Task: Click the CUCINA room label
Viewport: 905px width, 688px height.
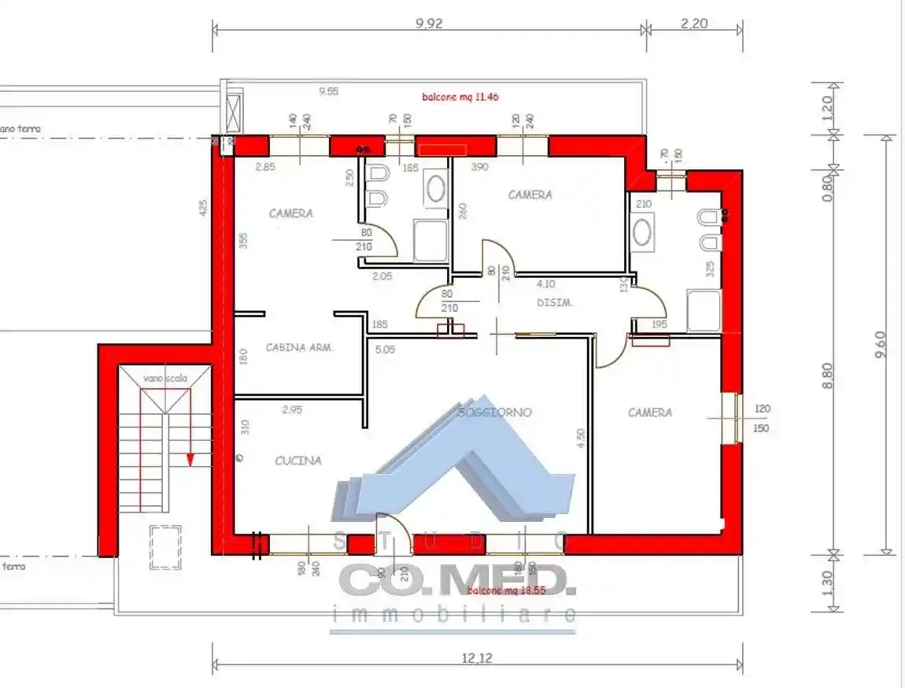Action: pos(298,461)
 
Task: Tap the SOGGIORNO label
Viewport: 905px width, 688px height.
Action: pos(495,412)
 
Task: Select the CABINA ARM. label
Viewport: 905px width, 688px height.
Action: pos(300,347)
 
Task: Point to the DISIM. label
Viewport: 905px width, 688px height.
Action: pos(554,303)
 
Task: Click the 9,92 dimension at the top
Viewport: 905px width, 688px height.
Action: pos(429,24)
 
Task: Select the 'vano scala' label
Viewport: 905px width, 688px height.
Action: pos(164,379)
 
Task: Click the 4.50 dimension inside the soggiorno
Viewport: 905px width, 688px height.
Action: pos(581,438)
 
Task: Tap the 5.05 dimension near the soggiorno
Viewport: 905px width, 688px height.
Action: pos(385,350)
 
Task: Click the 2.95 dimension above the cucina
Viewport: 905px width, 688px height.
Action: pos(292,409)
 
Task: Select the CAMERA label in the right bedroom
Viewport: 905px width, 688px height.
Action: pos(650,412)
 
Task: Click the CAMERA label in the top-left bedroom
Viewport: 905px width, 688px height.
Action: pos(290,213)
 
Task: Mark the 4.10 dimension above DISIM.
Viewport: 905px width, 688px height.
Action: pos(546,284)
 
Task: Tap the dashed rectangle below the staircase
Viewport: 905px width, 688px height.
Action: pos(164,547)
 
